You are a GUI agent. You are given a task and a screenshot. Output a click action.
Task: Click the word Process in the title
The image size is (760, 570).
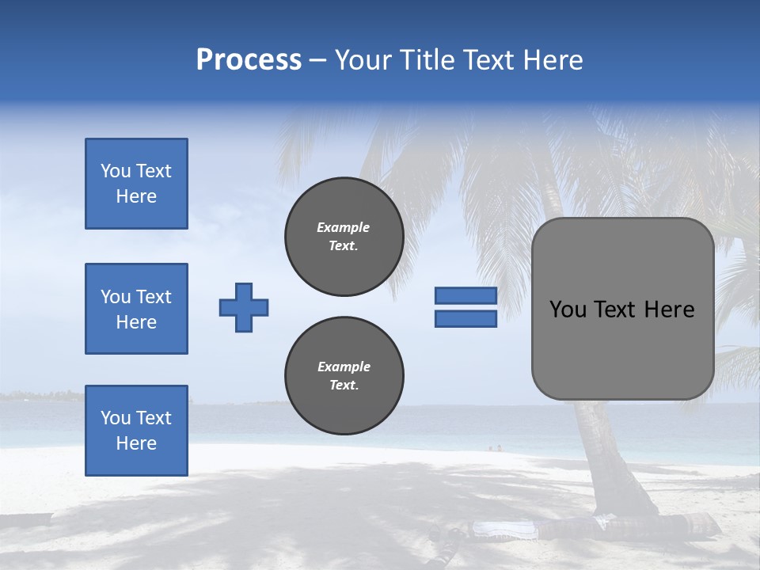pyautogui.click(x=249, y=60)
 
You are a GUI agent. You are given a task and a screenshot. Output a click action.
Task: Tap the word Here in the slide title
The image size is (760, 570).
pyautogui.click(x=552, y=60)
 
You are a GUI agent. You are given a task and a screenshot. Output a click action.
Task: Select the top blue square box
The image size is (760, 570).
pyautogui.click(x=136, y=184)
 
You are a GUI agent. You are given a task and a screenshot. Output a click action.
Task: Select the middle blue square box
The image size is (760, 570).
pyautogui.click(x=136, y=309)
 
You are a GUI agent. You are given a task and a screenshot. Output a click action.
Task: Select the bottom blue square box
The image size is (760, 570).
pyautogui.click(x=136, y=430)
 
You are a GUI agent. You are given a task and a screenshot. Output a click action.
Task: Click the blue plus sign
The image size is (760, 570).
pyautogui.click(x=244, y=307)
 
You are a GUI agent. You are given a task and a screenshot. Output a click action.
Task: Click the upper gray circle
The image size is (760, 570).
pyautogui.click(x=344, y=237)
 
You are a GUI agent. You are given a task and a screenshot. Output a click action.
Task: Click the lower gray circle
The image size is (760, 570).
pyautogui.click(x=344, y=376)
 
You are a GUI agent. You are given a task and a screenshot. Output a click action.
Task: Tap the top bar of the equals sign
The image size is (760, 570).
pyautogui.click(x=465, y=295)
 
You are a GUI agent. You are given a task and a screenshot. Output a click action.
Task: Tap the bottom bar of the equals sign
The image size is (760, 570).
pyautogui.click(x=465, y=319)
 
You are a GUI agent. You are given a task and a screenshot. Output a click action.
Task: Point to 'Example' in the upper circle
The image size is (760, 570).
pyautogui.click(x=344, y=227)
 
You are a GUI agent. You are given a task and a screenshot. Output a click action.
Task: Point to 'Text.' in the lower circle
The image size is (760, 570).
pyautogui.click(x=344, y=386)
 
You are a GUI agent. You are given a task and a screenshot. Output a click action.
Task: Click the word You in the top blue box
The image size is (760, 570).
pyautogui.click(x=115, y=171)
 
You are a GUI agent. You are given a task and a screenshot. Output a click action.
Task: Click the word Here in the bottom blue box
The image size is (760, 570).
pyautogui.click(x=136, y=443)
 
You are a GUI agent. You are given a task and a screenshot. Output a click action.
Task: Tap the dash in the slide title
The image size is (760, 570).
pyautogui.click(x=318, y=60)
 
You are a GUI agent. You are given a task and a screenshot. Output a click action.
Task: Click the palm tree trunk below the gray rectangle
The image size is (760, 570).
pyautogui.click(x=602, y=451)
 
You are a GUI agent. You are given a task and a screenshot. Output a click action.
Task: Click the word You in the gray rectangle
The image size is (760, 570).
pyautogui.click(x=568, y=310)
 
